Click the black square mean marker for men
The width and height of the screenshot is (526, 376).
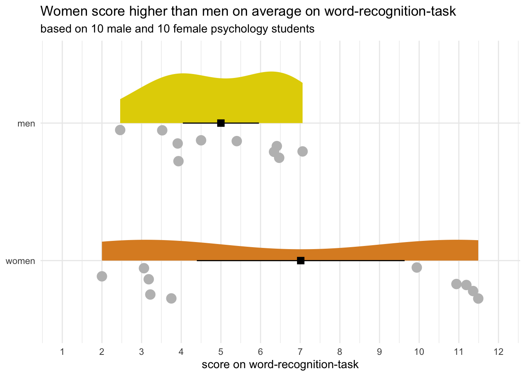pos(221,123)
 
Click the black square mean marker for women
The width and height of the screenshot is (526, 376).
pos(301,260)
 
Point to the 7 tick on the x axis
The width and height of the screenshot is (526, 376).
pos(300,352)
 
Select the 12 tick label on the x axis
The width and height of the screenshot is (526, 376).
pos(498,352)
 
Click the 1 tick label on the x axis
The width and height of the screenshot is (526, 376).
pos(62,352)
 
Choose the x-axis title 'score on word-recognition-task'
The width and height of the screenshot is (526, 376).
pos(280,365)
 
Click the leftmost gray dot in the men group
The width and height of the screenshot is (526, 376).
pos(120,130)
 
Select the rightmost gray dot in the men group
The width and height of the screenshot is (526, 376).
pos(303,151)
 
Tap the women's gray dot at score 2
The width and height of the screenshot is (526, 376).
pos(102,276)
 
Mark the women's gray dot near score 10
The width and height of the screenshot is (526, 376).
pos(417,268)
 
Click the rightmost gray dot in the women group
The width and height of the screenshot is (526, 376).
pos(478,298)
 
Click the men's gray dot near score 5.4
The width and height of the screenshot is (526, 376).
pos(237,141)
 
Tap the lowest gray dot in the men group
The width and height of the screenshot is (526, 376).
pos(178,161)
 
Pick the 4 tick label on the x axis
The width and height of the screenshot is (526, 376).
pos(181,352)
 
